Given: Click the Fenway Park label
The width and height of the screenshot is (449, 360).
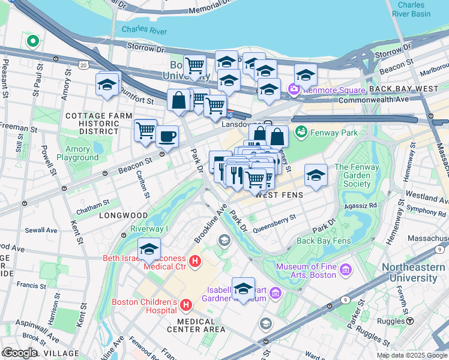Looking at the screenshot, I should (333, 132).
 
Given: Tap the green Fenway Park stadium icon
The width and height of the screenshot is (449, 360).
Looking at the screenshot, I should (301, 131).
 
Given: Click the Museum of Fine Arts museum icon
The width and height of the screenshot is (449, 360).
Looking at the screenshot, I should (345, 271).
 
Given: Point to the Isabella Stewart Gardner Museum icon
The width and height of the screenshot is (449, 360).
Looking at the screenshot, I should (276, 293).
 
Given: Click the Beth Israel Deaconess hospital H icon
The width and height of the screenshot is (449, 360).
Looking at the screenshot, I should (194, 261).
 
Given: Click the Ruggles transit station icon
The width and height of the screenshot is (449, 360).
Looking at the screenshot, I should (410, 321).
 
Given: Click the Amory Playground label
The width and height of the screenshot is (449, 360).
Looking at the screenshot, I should (77, 153).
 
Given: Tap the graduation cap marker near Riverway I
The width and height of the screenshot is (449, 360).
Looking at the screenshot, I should (149, 249).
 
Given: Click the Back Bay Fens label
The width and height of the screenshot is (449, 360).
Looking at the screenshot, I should (323, 241).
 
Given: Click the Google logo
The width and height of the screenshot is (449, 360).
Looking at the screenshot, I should (19, 353).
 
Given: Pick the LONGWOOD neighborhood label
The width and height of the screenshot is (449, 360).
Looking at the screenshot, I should (124, 215).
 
